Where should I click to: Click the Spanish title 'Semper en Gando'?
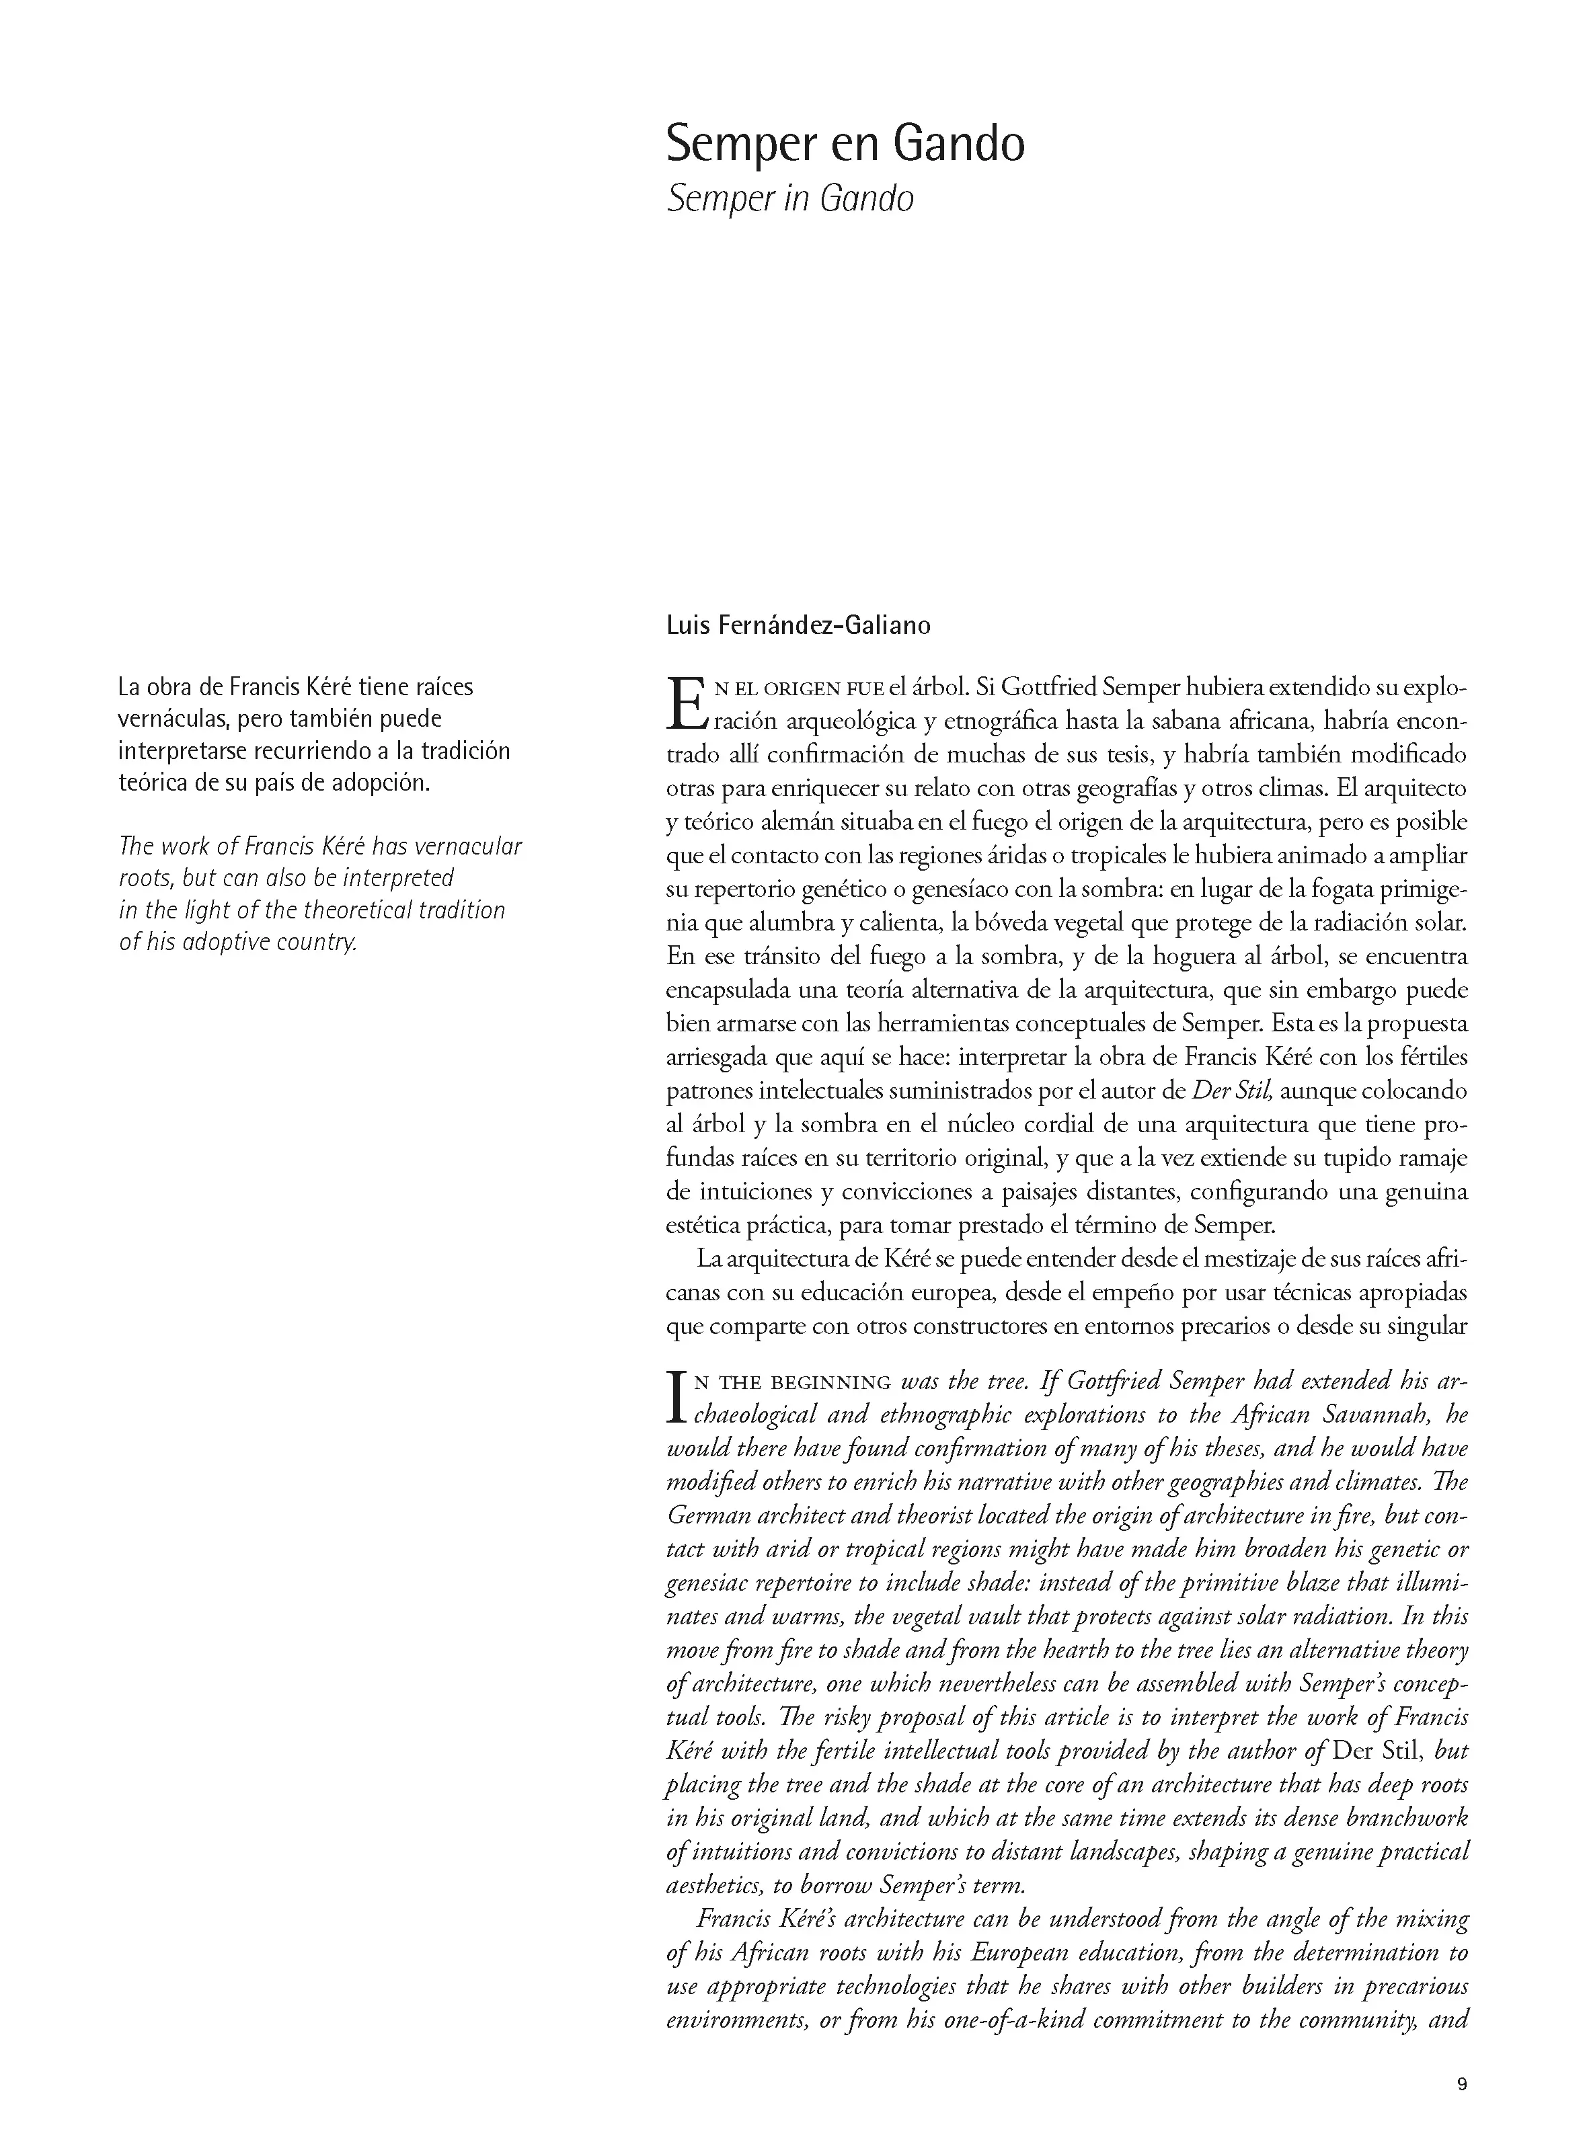[x=845, y=144]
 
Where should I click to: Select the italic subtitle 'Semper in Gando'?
[x=789, y=199]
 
